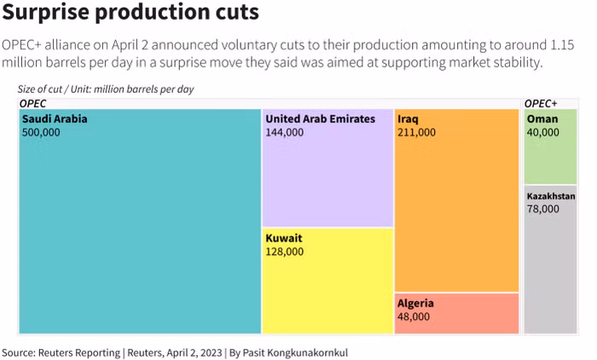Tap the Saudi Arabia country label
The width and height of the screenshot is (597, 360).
[x=55, y=119]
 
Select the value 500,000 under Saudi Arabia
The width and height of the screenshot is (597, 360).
[x=41, y=132]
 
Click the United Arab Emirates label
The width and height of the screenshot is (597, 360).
[x=320, y=119]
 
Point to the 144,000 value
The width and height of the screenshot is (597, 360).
[x=284, y=132]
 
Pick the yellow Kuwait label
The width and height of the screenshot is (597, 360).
[x=283, y=238]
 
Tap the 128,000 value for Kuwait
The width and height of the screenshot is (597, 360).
[x=284, y=252]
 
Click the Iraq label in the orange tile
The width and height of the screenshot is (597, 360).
[x=408, y=119]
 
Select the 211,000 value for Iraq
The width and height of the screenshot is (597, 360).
[x=416, y=132]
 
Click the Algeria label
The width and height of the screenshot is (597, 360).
[x=415, y=303]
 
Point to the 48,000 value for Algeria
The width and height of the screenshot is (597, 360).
[x=413, y=316]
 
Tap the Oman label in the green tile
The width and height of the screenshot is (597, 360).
[x=542, y=119]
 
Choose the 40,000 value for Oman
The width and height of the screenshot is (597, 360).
[x=543, y=132]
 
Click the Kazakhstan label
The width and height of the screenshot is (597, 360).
[x=551, y=195]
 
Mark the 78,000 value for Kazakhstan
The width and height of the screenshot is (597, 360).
[x=543, y=208]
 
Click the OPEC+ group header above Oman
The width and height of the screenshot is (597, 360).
[x=541, y=103]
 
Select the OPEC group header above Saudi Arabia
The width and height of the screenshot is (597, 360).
[x=32, y=103]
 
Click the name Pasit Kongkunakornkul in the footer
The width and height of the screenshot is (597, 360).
[x=293, y=351]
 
